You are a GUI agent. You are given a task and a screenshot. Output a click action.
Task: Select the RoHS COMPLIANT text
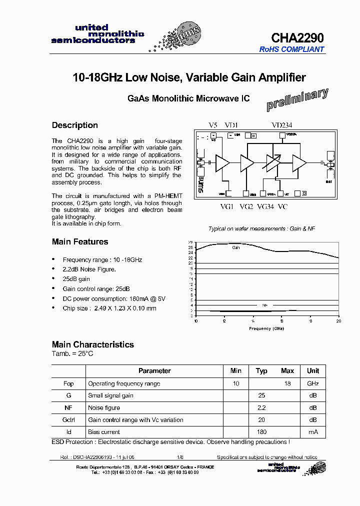tap(291, 49)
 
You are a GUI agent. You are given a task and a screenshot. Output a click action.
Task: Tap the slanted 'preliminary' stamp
tap(297, 99)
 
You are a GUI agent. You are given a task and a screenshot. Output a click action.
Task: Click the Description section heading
tap(75, 125)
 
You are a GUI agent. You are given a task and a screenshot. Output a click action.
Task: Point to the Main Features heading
tap(80, 242)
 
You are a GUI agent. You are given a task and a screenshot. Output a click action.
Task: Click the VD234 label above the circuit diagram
tap(282, 125)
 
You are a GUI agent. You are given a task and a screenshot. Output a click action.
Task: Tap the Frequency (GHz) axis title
tap(267, 328)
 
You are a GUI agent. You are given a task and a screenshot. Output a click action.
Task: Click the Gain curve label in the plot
tap(235, 247)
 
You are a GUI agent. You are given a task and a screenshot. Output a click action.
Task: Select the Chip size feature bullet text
tap(109, 308)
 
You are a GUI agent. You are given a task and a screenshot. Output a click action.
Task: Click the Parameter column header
tap(154, 371)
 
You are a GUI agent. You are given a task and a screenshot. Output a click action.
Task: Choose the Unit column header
tap(313, 371)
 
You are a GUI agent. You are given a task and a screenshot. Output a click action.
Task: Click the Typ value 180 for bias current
tap(261, 432)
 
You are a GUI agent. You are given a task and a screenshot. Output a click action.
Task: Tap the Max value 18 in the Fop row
tap(287, 383)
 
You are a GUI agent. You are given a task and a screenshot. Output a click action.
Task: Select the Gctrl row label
tap(68, 420)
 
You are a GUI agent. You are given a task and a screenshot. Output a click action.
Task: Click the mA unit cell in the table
tap(313, 432)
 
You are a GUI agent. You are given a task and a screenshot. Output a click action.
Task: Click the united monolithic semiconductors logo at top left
tap(98, 34)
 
